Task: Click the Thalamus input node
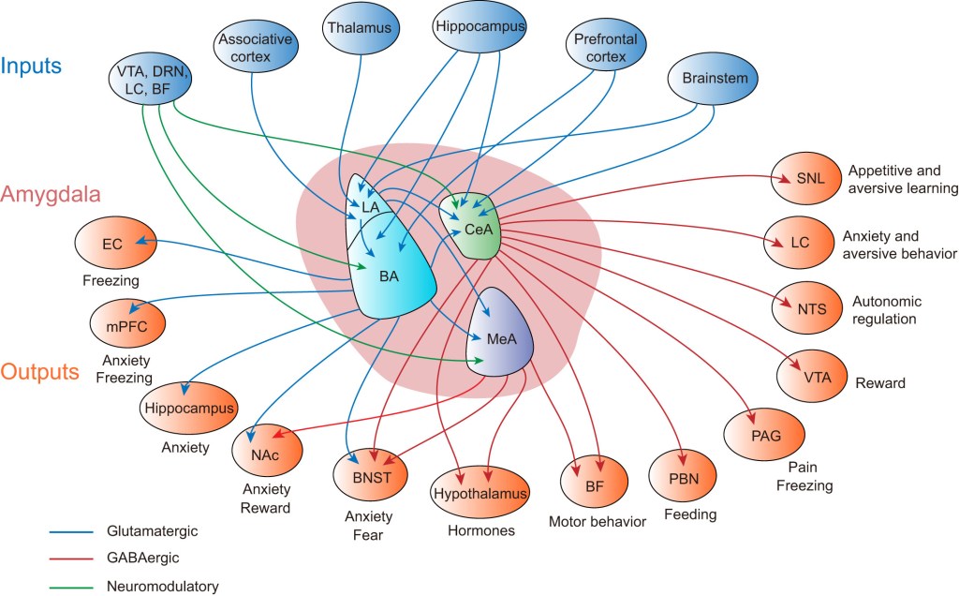point(360,27)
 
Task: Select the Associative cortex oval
point(256,48)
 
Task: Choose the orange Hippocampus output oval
point(189,409)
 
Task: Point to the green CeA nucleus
point(472,227)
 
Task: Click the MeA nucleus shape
point(500,333)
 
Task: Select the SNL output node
point(806,178)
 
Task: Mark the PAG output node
point(764,435)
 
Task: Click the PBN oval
point(683,478)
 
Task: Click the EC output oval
point(115,244)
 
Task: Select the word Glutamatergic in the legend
point(153,531)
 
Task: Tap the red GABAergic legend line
point(71,559)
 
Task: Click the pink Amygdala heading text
point(51,195)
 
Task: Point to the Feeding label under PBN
point(690,514)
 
